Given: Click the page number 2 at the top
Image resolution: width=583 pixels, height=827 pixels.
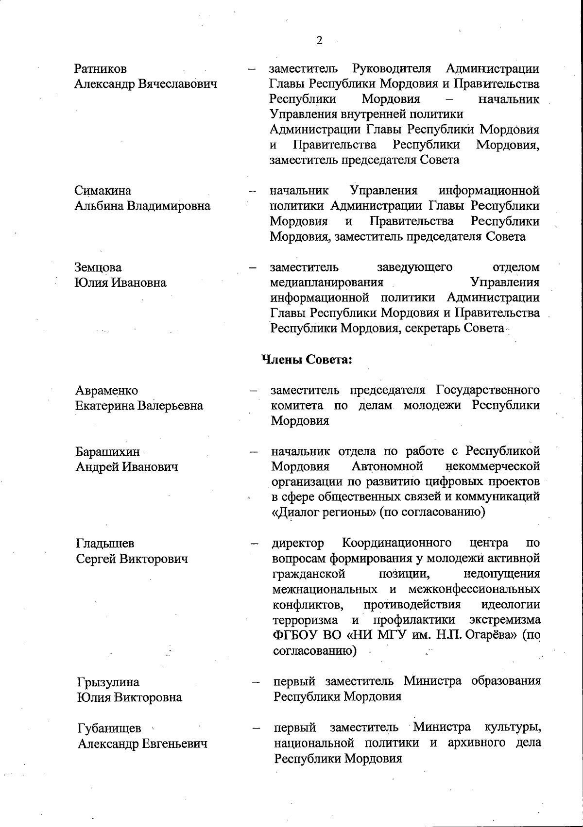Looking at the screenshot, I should coord(319,40).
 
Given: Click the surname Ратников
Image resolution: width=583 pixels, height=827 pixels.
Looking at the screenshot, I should coord(101,69).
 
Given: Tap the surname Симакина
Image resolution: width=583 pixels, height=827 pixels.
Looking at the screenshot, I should coord(103,191).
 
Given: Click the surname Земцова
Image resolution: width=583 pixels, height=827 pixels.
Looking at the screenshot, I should coord(98,267).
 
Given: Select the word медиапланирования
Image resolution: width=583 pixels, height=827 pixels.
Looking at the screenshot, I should coord(326,282).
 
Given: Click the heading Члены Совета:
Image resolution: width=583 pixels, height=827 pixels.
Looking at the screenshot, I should coord(307,360).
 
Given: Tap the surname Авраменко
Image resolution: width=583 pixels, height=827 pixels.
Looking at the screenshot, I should coord(107,391).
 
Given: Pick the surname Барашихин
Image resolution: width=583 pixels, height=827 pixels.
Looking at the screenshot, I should coord(107,452).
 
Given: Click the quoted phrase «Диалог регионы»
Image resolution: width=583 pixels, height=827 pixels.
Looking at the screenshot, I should coord(324,513).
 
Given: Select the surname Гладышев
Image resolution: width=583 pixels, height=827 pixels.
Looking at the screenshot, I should coord(105,544).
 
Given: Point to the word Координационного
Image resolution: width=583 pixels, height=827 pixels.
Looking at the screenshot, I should coord(396,543).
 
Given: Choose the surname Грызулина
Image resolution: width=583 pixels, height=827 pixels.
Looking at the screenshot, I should coord(108,682).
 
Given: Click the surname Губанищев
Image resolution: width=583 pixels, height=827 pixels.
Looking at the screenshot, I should coord(109,728).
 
